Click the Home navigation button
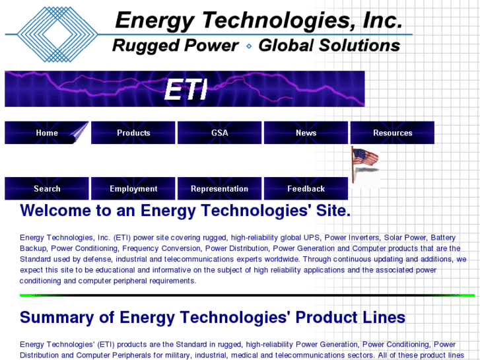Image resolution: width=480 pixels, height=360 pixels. [x=47, y=133]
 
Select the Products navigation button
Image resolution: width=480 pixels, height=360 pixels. [x=133, y=133]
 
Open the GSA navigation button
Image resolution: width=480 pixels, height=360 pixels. [x=219, y=133]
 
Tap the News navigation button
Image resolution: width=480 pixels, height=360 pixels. [x=306, y=133]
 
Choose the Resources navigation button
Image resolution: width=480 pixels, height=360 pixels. [x=392, y=133]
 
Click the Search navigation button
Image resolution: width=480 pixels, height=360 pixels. [x=47, y=189]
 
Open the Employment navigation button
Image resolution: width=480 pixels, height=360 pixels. [x=133, y=189]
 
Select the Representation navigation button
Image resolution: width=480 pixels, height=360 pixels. [x=219, y=189]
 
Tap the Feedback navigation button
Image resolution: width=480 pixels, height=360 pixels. [x=306, y=189]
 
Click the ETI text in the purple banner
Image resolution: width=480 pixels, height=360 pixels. [x=186, y=90]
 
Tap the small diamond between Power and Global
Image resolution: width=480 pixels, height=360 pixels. [x=248, y=46]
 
